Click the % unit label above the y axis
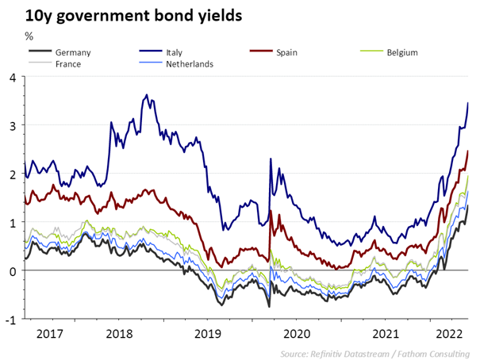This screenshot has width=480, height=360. coord(29,36)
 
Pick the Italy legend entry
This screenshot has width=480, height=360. coord(175,52)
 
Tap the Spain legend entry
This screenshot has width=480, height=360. coord(287,52)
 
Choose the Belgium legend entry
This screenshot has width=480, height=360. coord(402,52)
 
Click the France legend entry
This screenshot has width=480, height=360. coord(68,63)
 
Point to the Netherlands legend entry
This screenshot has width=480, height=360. coord(190,63)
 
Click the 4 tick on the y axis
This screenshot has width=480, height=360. coord(13,77)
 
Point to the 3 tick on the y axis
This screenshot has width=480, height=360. coord(13,125)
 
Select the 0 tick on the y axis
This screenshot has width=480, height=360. coord(13,271)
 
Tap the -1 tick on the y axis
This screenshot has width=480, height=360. coord(11,320)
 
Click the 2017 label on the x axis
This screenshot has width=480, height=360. coord(50,333)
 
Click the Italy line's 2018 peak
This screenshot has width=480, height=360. coord(147,95)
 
